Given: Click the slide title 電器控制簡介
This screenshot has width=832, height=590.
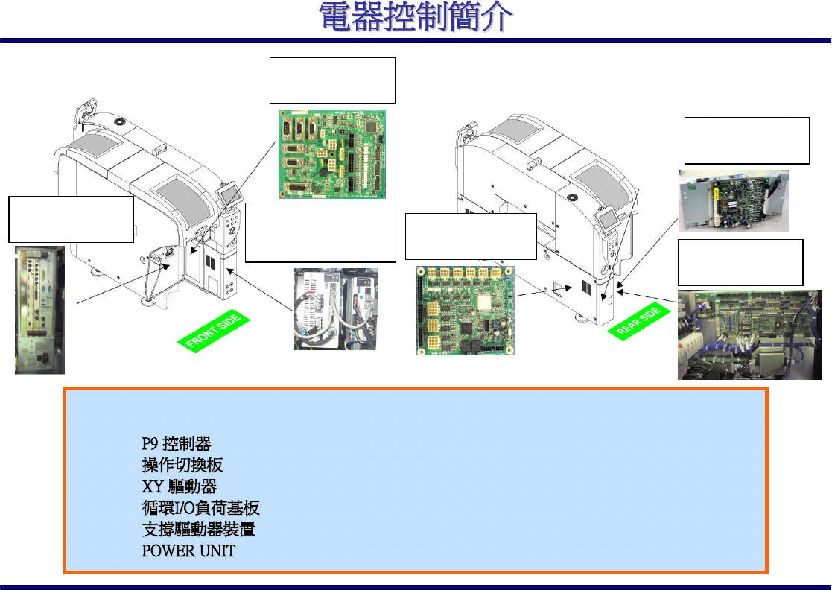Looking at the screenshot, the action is coord(416,18).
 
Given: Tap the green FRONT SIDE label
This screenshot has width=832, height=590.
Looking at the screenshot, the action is coord(215,333).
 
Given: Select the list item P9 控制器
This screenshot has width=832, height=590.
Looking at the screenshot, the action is coord(177,444).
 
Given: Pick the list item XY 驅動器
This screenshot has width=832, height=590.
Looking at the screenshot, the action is coord(179,487).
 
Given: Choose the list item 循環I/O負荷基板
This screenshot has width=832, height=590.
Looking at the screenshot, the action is coord(200,509).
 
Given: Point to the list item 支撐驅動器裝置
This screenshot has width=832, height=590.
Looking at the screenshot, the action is coord(203,530).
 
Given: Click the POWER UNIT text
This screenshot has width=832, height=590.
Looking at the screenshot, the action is coord(188,552).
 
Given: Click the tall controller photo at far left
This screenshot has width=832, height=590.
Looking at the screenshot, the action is coord(39,310).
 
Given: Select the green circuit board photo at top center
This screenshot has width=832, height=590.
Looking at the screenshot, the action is coord(332,154).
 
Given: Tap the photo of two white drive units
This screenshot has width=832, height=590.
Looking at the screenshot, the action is coord(335,308).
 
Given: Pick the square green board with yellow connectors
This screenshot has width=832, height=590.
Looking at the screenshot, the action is coord(463,310).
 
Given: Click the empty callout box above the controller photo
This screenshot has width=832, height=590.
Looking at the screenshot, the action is coord(71,219).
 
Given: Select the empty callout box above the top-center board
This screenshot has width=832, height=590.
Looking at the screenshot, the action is coord(331,80).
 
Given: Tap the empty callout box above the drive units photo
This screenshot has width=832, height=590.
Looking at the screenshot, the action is coord(320,232).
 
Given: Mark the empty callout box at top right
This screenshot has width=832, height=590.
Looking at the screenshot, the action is coord(746,140).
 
